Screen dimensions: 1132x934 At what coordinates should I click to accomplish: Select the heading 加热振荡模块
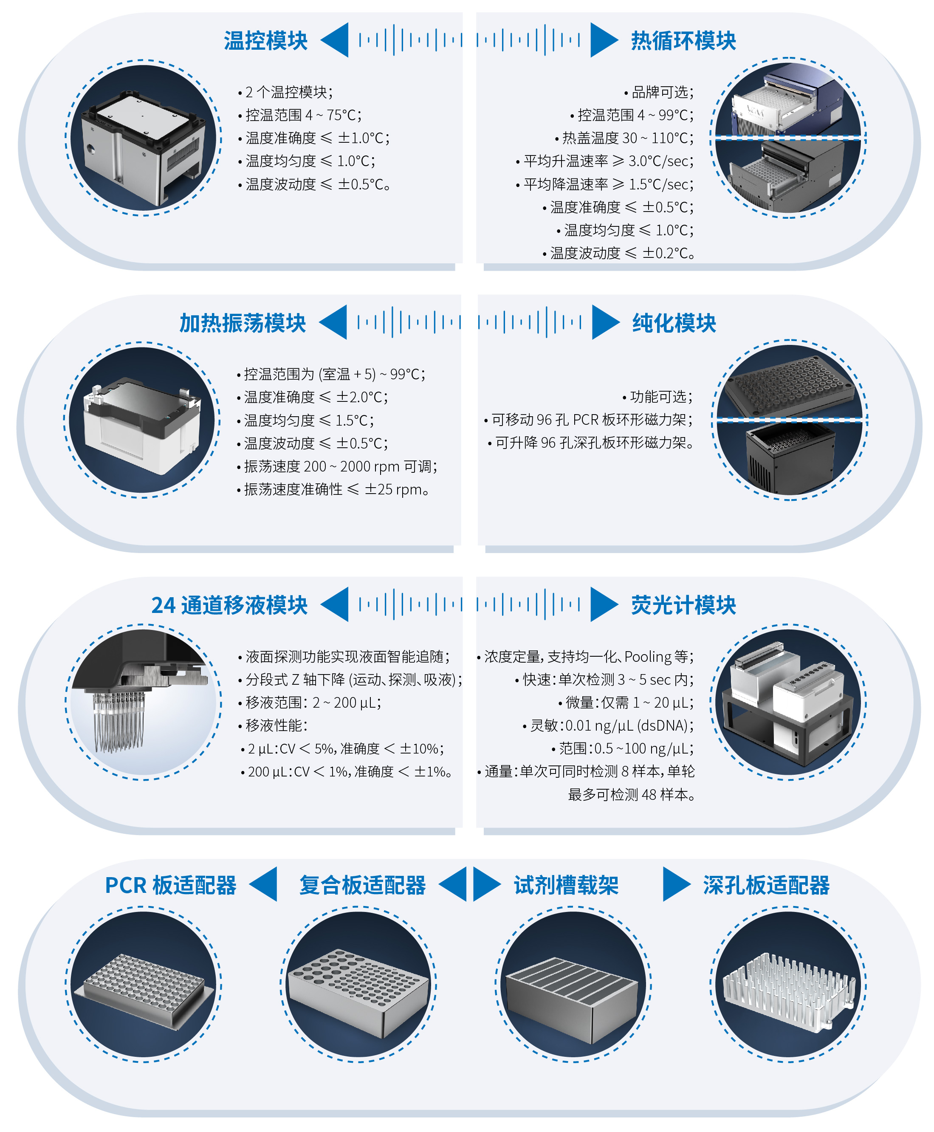click(242, 323)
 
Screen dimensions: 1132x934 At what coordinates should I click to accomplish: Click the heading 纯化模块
click(674, 323)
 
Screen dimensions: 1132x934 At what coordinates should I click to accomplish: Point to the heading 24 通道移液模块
click(229, 605)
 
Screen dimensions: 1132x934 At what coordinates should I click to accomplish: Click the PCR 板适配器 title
click(171, 885)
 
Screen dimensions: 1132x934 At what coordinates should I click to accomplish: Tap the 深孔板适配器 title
click(766, 885)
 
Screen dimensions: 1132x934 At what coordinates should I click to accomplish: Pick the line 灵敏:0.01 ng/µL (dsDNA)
click(611, 726)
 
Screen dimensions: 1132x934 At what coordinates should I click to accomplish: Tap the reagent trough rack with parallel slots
click(573, 990)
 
